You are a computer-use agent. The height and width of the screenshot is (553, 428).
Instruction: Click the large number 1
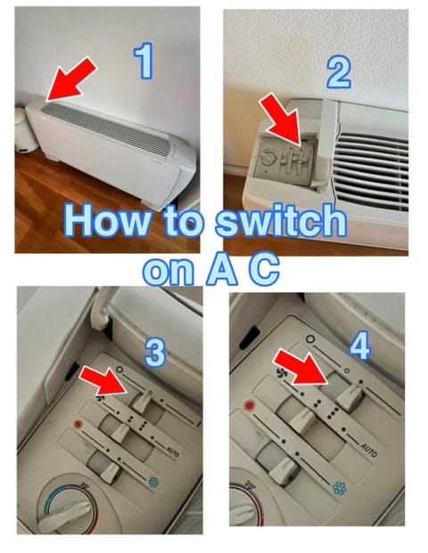point(144,61)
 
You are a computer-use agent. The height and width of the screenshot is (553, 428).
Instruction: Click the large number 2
point(338,73)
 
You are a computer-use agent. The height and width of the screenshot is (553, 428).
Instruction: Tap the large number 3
point(155,354)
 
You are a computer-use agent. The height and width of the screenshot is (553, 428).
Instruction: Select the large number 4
point(360,347)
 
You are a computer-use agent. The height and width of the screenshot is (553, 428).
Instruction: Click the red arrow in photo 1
point(70,80)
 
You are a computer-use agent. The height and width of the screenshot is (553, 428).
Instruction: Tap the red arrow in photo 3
point(103,381)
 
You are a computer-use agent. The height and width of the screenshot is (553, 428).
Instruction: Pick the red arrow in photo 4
point(301,367)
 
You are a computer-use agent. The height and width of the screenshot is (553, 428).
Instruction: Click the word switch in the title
point(281,221)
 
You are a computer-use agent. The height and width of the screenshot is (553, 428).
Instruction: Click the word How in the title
point(107,221)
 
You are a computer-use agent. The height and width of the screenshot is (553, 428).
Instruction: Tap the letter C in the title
point(264,269)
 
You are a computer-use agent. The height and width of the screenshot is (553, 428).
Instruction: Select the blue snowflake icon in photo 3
point(153,482)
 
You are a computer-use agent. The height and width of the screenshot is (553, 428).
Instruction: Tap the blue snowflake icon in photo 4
point(340,488)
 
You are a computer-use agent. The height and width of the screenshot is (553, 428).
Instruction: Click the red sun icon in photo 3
point(78,424)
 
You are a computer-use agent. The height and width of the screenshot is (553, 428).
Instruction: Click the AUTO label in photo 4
point(368,450)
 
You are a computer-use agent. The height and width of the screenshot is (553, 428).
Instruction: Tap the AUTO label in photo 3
point(173,451)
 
